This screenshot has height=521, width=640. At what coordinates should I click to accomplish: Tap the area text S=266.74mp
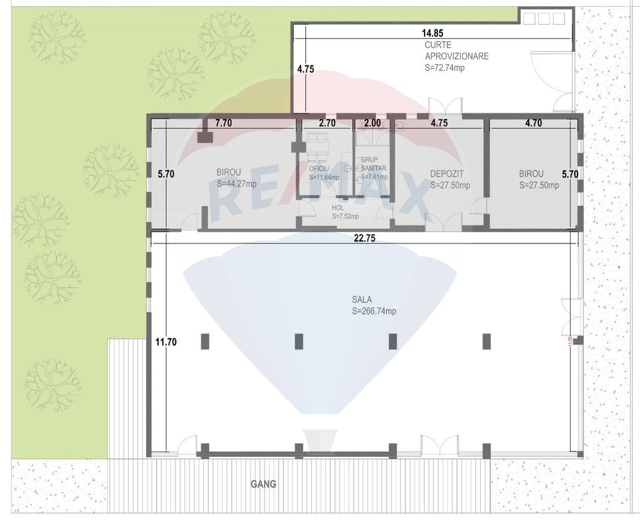[374, 312]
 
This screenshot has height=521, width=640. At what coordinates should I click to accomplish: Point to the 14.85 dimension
[432, 33]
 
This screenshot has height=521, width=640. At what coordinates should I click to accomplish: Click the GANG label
[263, 484]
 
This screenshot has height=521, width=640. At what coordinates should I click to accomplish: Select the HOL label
[338, 207]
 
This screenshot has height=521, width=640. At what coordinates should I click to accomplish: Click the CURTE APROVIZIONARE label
[457, 51]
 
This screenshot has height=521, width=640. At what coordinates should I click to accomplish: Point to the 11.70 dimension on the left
[165, 342]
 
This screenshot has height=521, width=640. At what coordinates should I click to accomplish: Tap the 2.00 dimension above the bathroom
[372, 123]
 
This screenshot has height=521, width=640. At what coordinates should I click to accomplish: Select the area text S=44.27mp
[236, 183]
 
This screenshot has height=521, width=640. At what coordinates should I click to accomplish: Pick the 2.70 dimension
[327, 123]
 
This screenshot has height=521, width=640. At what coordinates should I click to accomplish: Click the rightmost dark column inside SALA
[486, 340]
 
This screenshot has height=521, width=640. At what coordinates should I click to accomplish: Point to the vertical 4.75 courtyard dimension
[305, 69]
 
